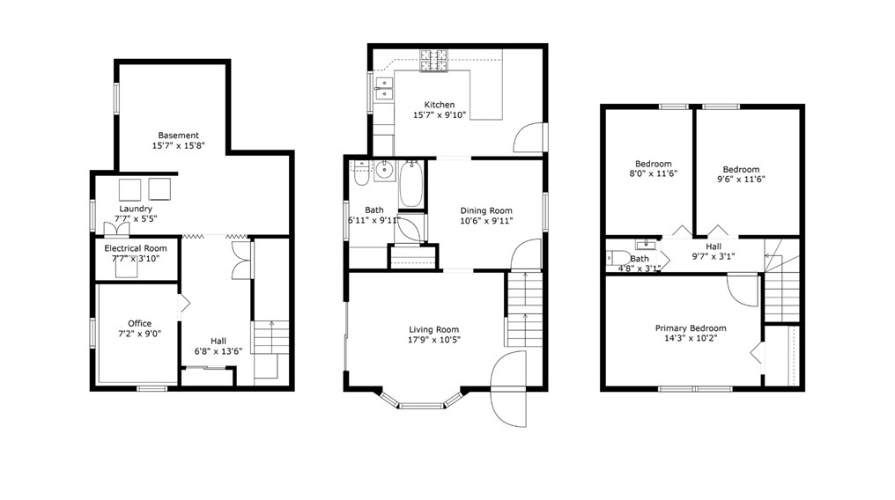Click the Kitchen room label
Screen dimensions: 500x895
point(439,105)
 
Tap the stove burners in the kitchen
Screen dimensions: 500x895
point(434,60)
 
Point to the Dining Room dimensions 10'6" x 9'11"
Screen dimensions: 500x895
point(486,221)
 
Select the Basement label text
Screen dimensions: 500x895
point(178,136)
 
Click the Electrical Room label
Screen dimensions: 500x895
point(136,249)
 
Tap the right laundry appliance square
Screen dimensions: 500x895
point(160,188)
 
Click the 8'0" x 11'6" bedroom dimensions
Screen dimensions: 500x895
point(654,174)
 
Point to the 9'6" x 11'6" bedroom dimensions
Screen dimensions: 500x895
point(741,180)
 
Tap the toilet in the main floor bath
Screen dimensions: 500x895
point(360,177)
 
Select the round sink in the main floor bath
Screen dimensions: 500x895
point(384,170)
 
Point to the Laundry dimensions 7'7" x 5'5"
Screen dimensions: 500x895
point(136,220)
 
